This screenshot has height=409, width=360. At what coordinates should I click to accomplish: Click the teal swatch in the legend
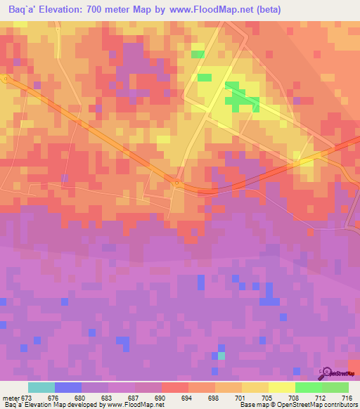click(41, 387)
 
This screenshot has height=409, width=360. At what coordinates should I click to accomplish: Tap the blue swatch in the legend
click(67, 387)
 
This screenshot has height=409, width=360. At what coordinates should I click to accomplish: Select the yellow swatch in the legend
click(281, 387)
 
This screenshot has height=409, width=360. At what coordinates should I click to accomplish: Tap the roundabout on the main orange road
click(177, 184)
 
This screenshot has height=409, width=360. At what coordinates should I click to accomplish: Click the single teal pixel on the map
click(222, 356)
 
